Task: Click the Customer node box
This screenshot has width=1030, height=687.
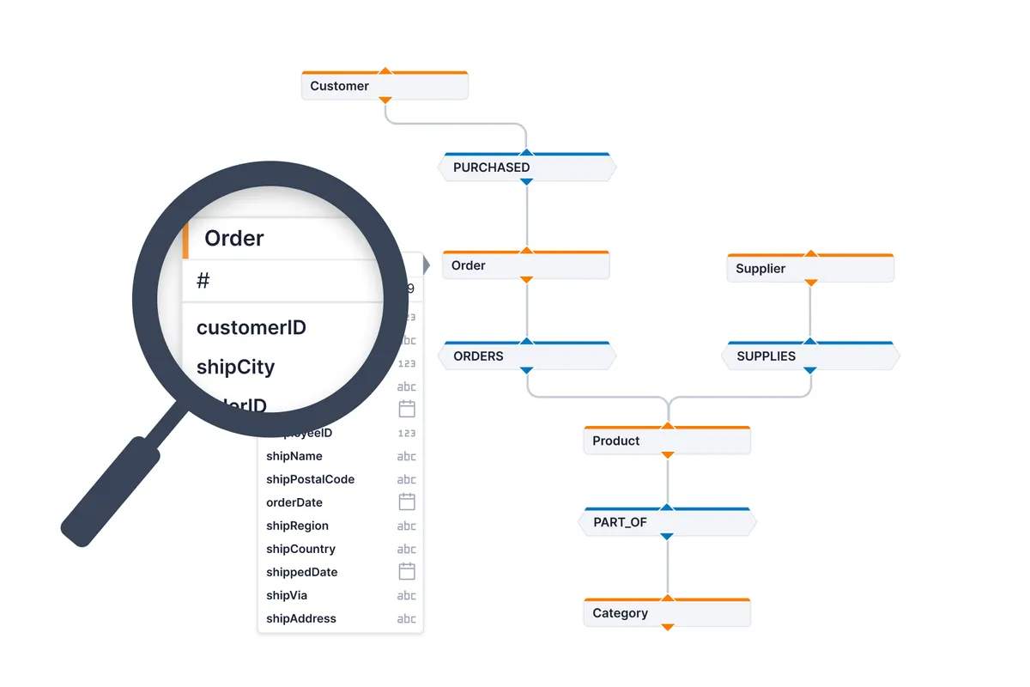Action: pos(384,86)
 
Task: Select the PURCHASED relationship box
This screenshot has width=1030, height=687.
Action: pos(526,167)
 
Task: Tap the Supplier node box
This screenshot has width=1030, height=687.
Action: pos(809,268)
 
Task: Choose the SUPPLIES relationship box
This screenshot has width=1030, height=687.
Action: pos(809,356)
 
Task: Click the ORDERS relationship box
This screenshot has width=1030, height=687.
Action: pos(526,356)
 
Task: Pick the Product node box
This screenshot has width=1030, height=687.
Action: pos(666,441)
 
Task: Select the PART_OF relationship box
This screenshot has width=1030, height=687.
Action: pos(666,521)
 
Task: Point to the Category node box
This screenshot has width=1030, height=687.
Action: pos(666,613)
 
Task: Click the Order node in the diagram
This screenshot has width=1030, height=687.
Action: pos(525,265)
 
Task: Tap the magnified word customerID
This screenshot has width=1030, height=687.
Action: pos(251,327)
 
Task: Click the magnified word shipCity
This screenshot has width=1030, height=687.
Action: pos(235,367)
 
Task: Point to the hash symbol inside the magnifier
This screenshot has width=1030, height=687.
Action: pos(203,281)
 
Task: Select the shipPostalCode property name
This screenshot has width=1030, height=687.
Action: pos(310,479)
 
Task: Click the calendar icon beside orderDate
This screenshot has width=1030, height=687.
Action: pos(407,502)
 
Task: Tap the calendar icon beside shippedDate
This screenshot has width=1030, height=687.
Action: pos(407,571)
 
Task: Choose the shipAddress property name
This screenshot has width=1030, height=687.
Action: pos(301,618)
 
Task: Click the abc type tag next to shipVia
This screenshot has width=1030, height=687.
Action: pos(406,595)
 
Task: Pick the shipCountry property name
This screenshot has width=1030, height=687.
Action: pos(300,549)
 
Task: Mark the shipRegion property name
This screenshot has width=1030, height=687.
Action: pos(297,526)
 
